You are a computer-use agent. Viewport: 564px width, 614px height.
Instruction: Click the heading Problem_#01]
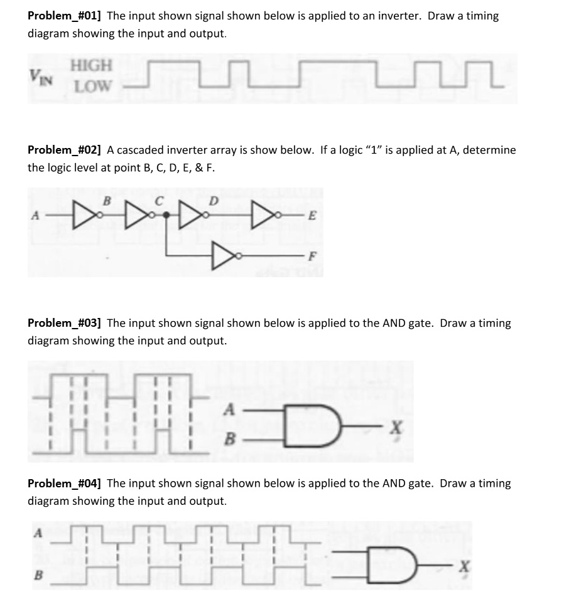point(65,16)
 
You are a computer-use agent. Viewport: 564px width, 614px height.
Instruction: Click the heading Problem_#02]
point(65,151)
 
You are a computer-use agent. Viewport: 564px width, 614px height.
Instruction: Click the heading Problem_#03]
point(65,324)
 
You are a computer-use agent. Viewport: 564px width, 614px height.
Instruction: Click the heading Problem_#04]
point(65,484)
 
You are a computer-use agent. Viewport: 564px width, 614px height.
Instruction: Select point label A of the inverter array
point(36,215)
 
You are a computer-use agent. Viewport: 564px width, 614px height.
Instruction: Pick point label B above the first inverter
point(106,201)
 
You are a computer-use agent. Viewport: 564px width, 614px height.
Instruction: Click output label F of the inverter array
point(312,256)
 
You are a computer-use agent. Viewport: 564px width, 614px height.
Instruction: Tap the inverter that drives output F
point(224,255)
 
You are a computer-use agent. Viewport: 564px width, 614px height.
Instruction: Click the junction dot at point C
point(166,214)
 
